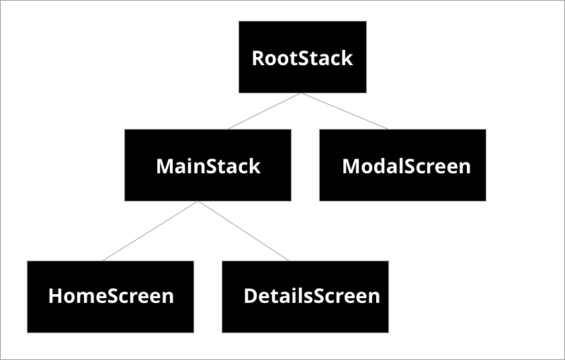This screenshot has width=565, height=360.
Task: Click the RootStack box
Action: tap(302, 57)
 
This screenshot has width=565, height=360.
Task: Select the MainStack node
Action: tap(208, 165)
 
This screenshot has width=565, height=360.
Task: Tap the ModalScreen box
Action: tap(402, 165)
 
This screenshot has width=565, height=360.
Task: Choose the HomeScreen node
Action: tap(110, 296)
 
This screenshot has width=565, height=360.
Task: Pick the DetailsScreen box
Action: tap(305, 296)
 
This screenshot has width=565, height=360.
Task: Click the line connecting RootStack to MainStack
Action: tap(264, 111)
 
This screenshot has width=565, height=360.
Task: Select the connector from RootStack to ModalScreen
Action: tap(344, 111)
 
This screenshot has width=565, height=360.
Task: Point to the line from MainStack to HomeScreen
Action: tap(150, 231)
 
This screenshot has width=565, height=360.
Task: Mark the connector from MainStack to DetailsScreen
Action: tap(243, 231)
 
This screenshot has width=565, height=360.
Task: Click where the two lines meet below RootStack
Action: tap(301, 93)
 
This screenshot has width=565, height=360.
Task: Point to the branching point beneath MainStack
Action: tap(198, 201)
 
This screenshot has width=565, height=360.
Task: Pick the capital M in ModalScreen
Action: tap(351, 166)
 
